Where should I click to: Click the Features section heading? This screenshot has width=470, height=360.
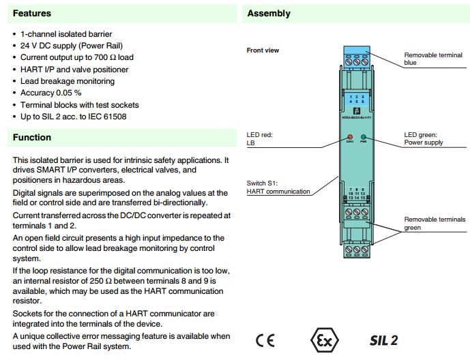coord(32,13)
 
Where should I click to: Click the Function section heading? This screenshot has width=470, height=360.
coord(32,138)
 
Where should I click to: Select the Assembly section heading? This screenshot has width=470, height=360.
coord(268,13)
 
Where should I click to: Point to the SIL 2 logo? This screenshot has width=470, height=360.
coord(384,340)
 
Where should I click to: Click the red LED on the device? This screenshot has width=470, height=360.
coord(349,137)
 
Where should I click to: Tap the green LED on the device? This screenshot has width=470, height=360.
coord(364,137)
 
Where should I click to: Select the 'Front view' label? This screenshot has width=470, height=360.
coord(263,50)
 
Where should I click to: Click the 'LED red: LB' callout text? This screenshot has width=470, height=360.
coord(259,140)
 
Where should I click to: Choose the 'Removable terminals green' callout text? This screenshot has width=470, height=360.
coord(435,224)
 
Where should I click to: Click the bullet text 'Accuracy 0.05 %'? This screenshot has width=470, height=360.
coord(50,93)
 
